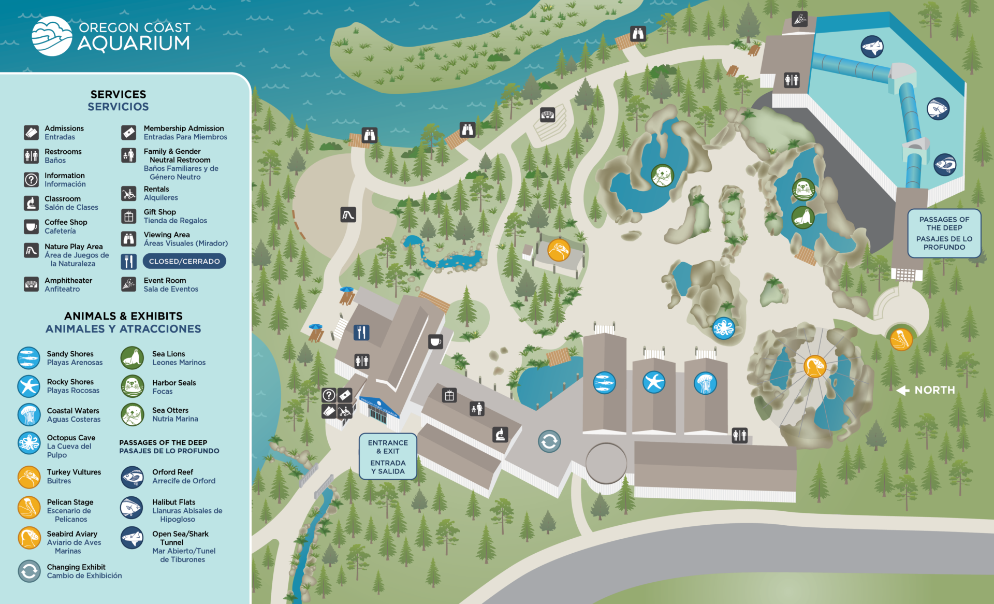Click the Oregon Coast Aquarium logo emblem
coord(52,36)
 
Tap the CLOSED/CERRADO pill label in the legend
coord(184,261)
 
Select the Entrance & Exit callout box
coord(388,456)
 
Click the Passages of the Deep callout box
coord(944,233)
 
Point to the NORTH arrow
coord(903,390)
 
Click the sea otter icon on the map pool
coord(662,176)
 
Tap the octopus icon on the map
coord(723,328)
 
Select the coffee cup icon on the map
coord(435,341)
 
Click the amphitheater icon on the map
coord(547,114)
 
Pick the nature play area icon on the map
coord(348,214)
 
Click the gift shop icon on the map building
coord(449,396)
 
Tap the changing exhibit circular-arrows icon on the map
coord(549,441)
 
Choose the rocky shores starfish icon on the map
coord(654,382)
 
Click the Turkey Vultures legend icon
coord(29,477)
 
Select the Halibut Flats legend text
coord(173,502)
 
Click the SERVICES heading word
coord(118,94)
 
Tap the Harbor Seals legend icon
coord(133,386)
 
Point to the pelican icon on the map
coord(901,339)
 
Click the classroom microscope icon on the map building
coord(500,434)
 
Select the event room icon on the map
coord(799,19)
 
